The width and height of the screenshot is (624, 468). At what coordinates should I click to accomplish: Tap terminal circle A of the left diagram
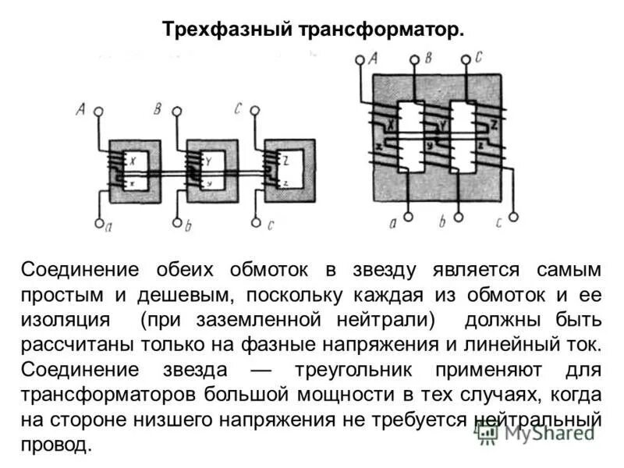99,112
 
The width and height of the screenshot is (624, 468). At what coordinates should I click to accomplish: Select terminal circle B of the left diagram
177,112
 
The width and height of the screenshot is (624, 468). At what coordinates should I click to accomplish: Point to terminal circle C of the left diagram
254,112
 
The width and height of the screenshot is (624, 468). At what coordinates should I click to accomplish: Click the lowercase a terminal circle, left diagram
99,224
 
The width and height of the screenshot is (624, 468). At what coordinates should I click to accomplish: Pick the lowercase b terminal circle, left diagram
177,224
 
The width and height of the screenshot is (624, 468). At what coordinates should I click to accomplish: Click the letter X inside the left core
133,161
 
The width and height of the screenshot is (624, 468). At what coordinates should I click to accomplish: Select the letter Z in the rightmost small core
287,161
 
